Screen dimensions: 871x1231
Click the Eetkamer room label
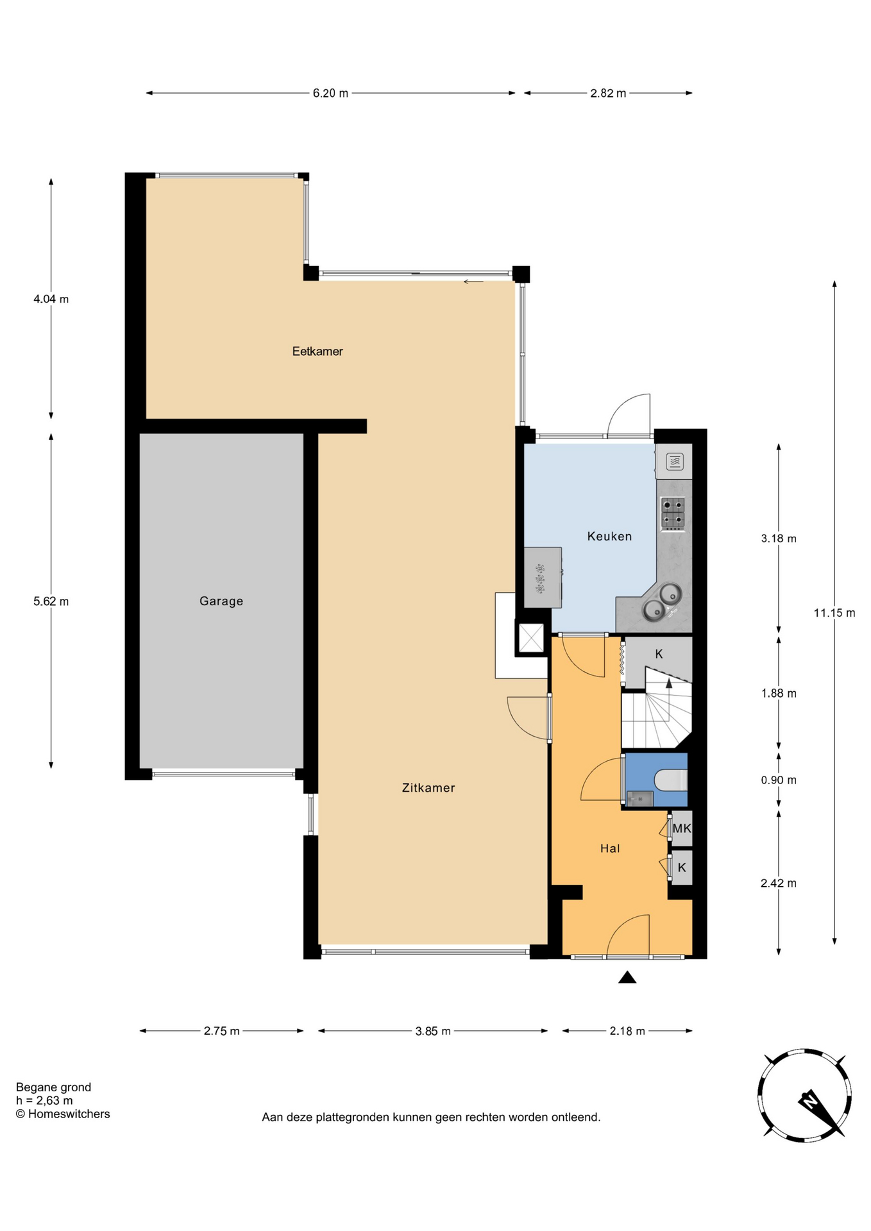[x=317, y=351]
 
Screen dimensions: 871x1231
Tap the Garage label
[x=221, y=601]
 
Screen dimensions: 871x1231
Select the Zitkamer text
[x=428, y=788]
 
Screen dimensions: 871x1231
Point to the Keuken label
[x=609, y=537]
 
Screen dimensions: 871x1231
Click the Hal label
[x=610, y=849]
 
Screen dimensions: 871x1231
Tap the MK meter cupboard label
[x=682, y=828]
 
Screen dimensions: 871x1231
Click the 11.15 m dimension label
[x=834, y=613]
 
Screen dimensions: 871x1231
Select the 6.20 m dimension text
[x=330, y=94]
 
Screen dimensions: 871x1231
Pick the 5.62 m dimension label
[x=51, y=601]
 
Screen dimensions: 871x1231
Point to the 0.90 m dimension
[x=779, y=780]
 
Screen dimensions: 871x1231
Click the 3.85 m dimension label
[x=433, y=1031]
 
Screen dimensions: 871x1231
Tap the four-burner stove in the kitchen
[x=673, y=513]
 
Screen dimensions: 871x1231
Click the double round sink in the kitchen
[x=663, y=602]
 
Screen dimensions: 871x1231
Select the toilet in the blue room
[x=672, y=780]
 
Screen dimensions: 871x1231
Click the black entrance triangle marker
[x=627, y=977]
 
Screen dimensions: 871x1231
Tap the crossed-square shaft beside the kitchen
[x=531, y=638]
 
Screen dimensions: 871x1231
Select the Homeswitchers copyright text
[x=63, y=1114]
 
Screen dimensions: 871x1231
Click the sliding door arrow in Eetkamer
[x=473, y=281]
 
